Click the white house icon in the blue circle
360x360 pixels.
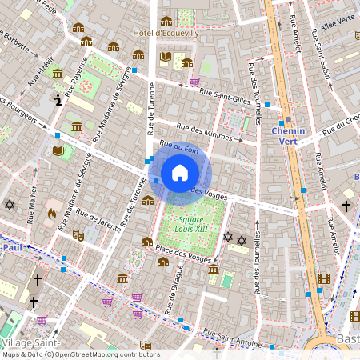(179, 173)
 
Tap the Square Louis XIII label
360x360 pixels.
(195, 224)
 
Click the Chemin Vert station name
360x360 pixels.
(289, 136)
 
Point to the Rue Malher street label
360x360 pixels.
(32, 205)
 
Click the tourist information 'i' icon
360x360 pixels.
(58, 99)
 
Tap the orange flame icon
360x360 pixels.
(52, 214)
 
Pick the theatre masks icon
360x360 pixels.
(78, 235)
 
